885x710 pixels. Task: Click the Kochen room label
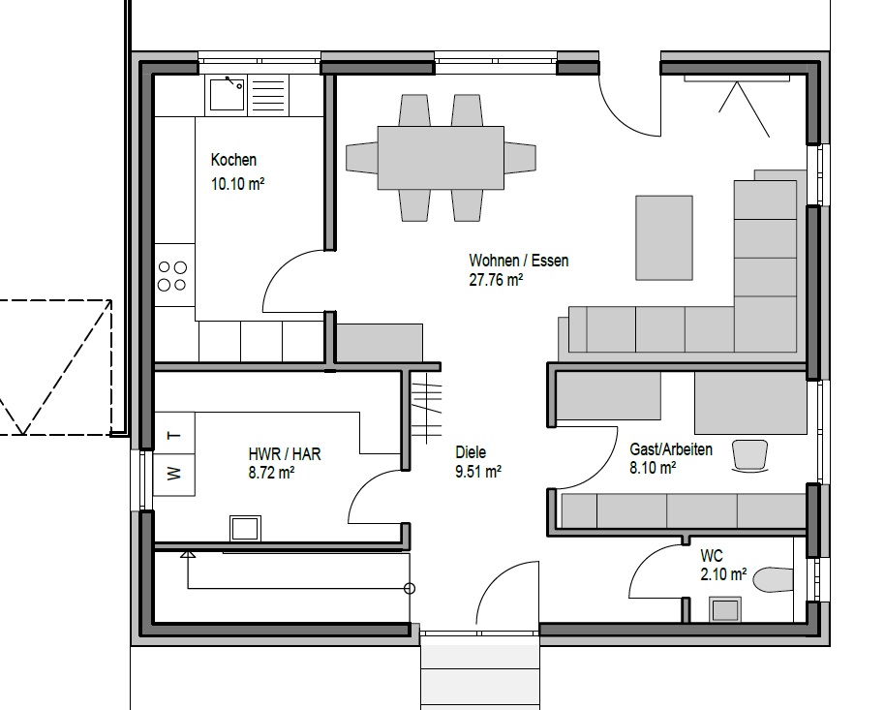[233, 160]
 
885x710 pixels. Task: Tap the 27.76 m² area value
[496, 280]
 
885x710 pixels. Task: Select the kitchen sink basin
[228, 94]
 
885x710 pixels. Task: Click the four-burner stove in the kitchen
[172, 275]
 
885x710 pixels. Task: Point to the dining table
[441, 158]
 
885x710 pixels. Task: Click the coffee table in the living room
[664, 237]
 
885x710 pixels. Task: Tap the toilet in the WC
[774, 580]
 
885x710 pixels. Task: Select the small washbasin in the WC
[725, 610]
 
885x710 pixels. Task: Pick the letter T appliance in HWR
[174, 434]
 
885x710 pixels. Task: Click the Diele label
[471, 452]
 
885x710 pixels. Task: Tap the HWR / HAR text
[285, 454]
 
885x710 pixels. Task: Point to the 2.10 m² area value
[723, 574]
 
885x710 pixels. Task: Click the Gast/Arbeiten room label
[671, 449]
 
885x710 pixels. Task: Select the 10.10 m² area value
[237, 184]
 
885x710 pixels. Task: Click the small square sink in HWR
[246, 529]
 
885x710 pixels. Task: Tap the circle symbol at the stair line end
[410, 589]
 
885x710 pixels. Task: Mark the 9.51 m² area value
[478, 471]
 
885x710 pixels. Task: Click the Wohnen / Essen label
[519, 261]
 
